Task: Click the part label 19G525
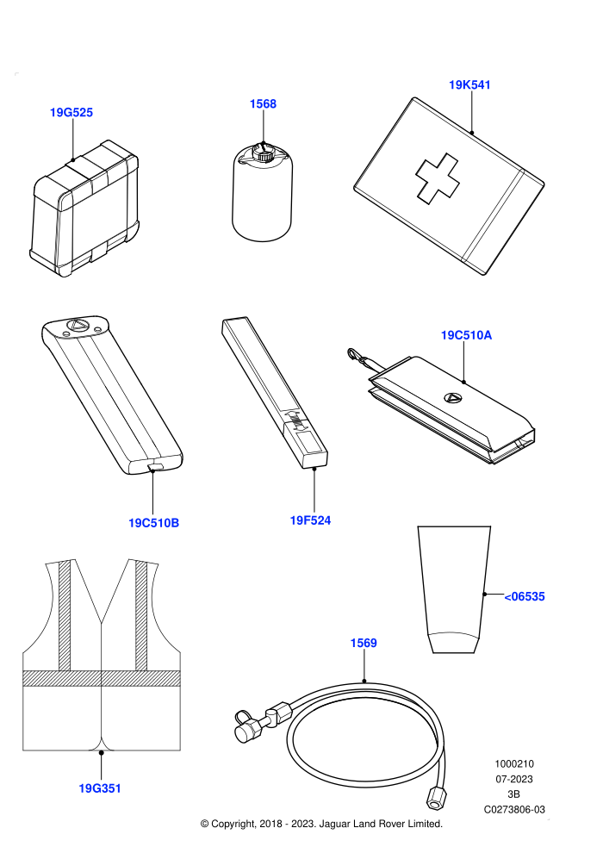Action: [x=71, y=113]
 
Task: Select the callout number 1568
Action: [x=264, y=104]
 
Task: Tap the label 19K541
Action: [x=469, y=84]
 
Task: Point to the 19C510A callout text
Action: [x=467, y=335]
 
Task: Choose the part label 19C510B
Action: [x=154, y=523]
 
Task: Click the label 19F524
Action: [x=310, y=520]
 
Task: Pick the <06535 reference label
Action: [x=525, y=597]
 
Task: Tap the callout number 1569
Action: [x=364, y=643]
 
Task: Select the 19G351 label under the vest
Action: [x=100, y=788]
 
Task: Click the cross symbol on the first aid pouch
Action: [x=438, y=178]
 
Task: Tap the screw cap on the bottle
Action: [x=264, y=152]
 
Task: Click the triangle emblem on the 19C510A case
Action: [x=452, y=398]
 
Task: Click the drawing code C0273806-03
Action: [x=514, y=809]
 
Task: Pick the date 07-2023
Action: [x=513, y=779]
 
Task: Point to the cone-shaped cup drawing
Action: [x=455, y=589]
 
